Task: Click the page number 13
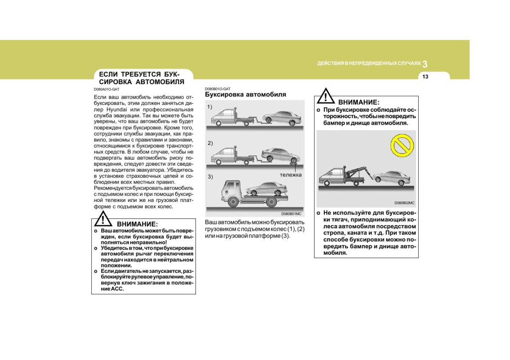(425, 77)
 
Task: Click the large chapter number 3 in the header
(425, 64)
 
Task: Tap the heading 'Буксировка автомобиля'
(245, 94)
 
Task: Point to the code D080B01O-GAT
(218, 88)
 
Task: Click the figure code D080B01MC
(291, 213)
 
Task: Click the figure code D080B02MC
(404, 203)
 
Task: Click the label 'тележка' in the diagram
(290, 175)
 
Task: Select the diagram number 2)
(210, 143)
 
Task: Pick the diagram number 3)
(210, 176)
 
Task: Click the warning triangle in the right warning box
(325, 96)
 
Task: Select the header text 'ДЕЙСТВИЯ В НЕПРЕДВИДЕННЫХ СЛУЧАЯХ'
(368, 64)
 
